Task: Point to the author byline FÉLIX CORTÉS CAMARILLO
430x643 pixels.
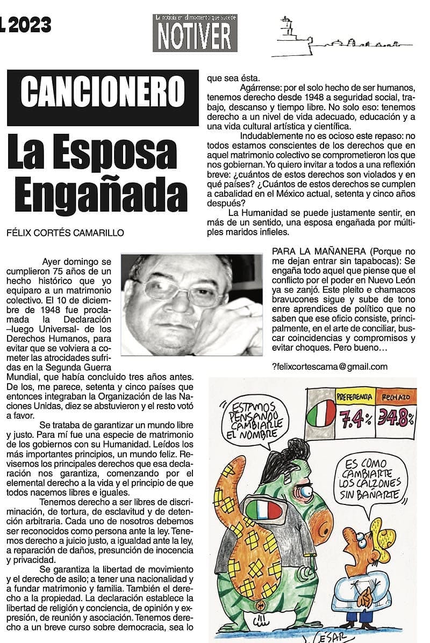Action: pyautogui.click(x=64, y=233)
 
